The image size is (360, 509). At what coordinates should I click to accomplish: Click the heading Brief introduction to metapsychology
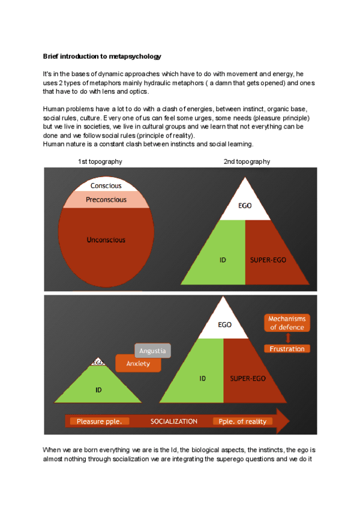click(x=102, y=56)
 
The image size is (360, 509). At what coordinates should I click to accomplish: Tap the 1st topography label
click(x=100, y=161)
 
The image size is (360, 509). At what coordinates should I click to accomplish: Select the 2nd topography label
click(x=247, y=161)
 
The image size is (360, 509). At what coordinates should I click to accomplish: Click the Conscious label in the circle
click(x=106, y=186)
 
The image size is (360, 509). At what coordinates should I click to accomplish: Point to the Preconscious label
click(x=106, y=199)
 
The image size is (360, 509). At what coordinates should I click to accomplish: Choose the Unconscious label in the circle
click(x=106, y=239)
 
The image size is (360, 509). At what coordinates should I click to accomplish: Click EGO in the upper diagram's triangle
click(x=245, y=206)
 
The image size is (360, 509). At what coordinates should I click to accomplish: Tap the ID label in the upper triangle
click(x=222, y=261)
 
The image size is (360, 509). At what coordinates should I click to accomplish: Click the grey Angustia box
click(x=152, y=351)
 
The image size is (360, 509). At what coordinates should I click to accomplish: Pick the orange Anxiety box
click(x=138, y=364)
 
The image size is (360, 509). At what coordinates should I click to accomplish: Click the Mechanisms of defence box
click(x=287, y=323)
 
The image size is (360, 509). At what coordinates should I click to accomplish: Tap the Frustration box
click(x=287, y=349)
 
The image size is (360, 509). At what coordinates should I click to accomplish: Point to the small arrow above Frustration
click(x=287, y=338)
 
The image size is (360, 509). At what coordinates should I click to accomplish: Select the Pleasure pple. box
click(x=100, y=421)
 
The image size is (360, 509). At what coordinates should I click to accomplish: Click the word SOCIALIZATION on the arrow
click(x=174, y=421)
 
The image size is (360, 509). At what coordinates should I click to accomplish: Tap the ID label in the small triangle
click(x=98, y=390)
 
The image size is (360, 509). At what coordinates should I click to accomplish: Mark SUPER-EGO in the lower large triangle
click(x=248, y=379)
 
